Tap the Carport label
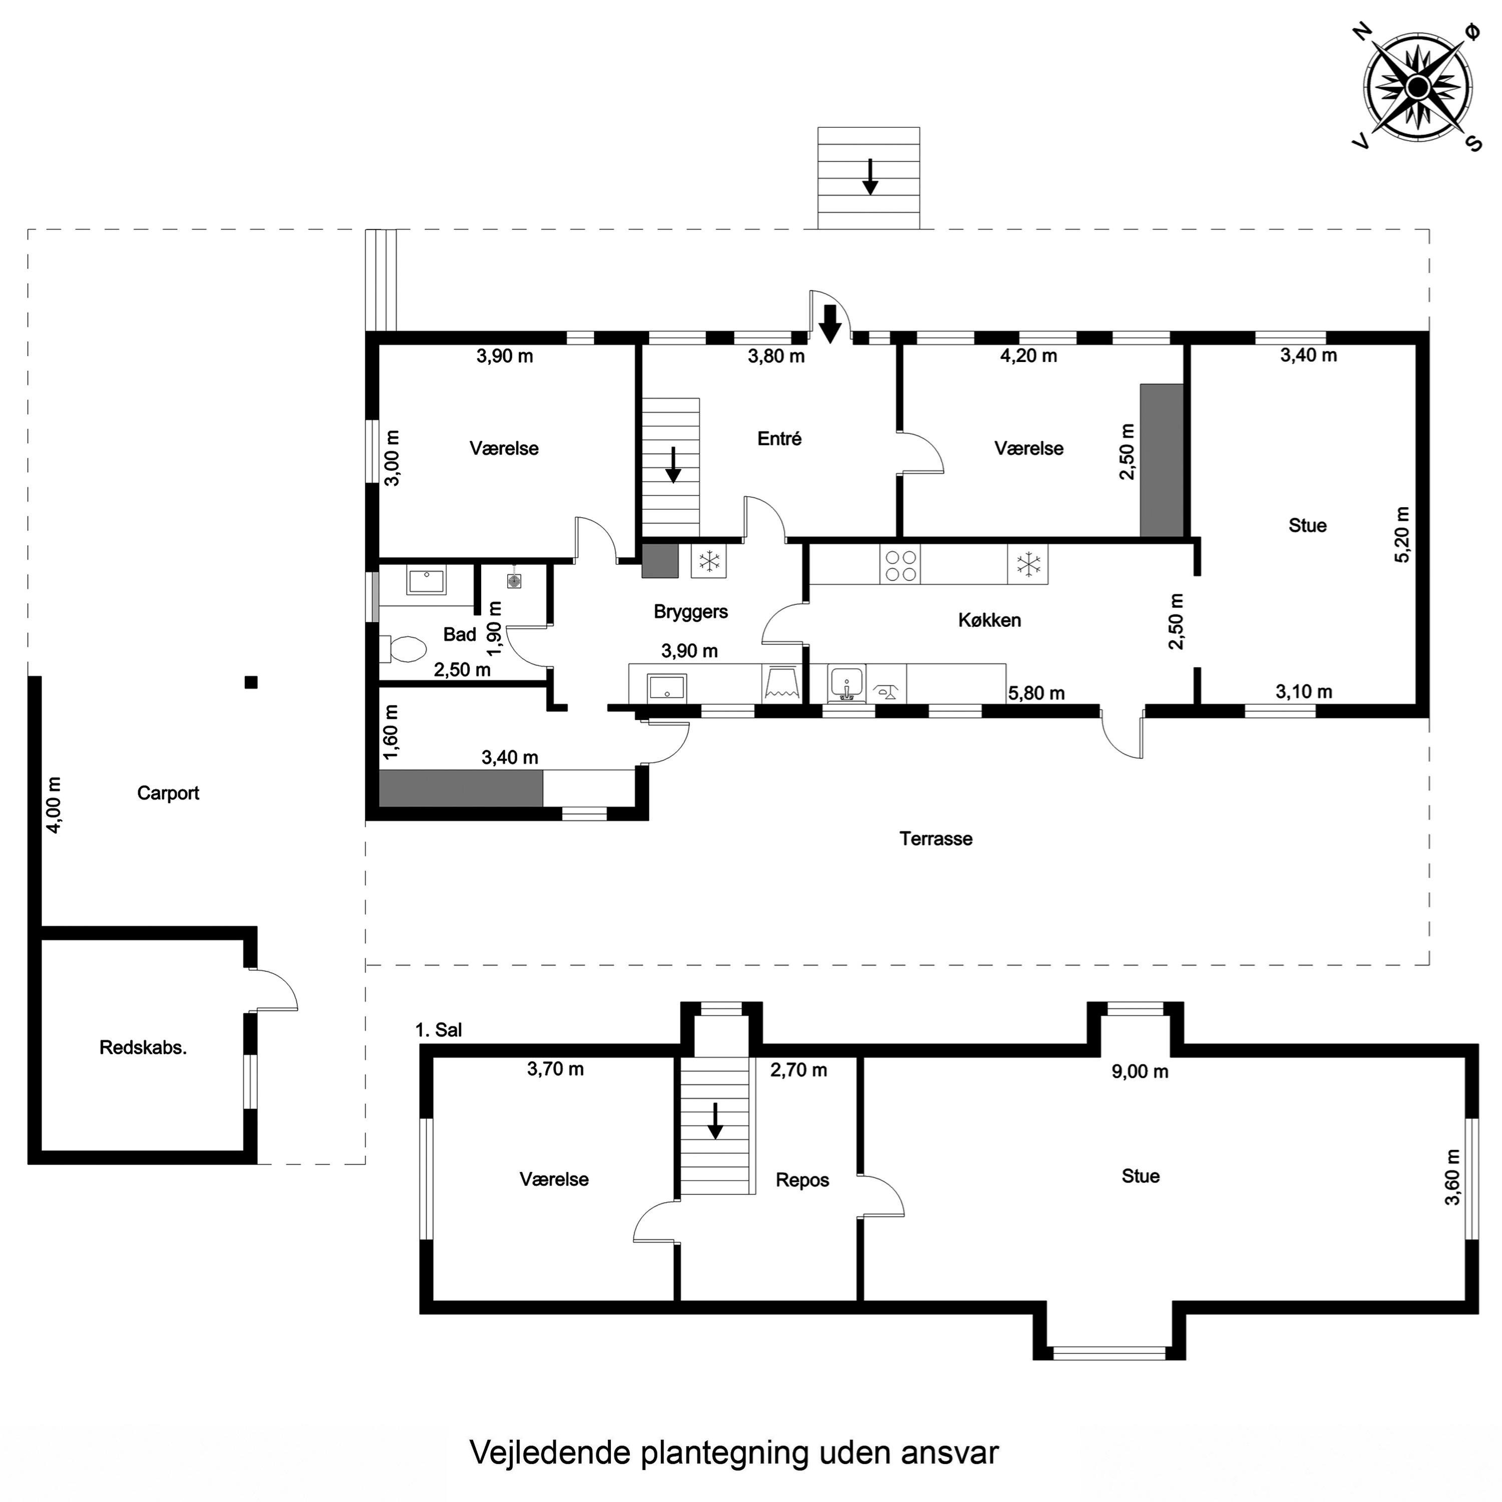[168, 793]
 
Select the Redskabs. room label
[143, 1047]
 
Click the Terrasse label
[936, 838]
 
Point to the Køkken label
[990, 620]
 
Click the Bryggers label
[690, 612]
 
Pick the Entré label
[779, 439]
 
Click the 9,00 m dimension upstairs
[1140, 1071]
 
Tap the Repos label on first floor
[802, 1180]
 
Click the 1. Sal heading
[439, 1030]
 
